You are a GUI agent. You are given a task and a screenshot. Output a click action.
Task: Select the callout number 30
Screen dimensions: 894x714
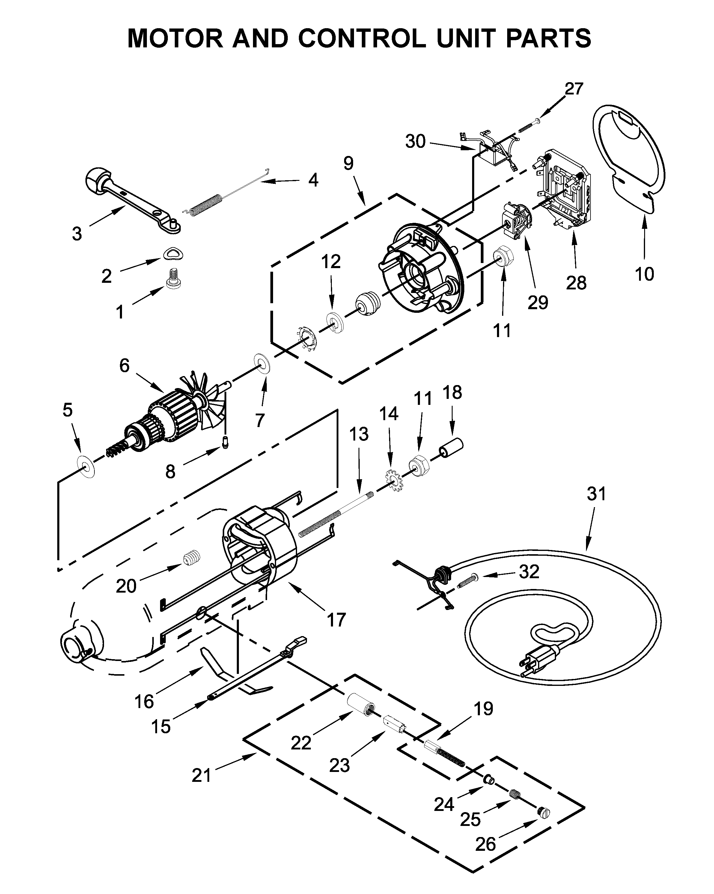pyautogui.click(x=415, y=141)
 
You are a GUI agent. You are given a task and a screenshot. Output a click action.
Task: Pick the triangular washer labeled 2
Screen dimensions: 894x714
pyautogui.click(x=172, y=254)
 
